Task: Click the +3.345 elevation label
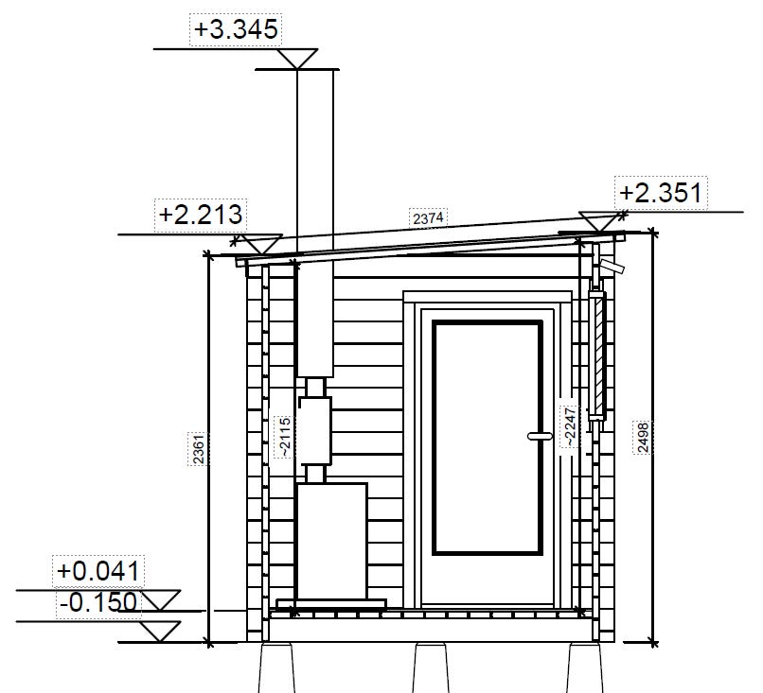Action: coord(236,29)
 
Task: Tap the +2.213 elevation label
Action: coord(201,215)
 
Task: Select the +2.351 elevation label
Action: coord(661,193)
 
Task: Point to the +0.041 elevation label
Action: coord(98,570)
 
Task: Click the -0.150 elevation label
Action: coord(98,602)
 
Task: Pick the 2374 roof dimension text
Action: coord(428,217)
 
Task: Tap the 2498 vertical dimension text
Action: coord(643,438)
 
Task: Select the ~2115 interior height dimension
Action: coord(285,437)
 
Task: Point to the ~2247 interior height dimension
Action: coord(569,426)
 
